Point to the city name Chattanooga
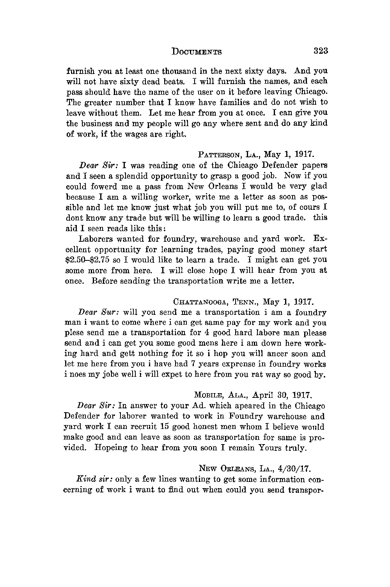click(200, 302)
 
